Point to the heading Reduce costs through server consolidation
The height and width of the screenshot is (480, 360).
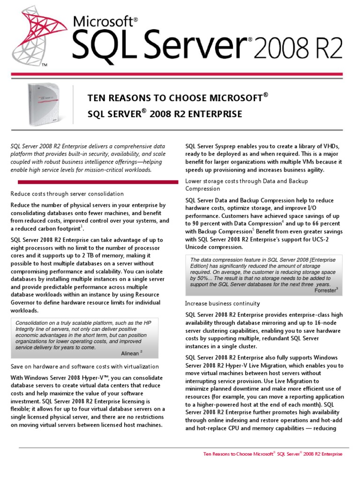(x=67, y=194)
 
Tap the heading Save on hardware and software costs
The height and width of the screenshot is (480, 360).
(x=85, y=366)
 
